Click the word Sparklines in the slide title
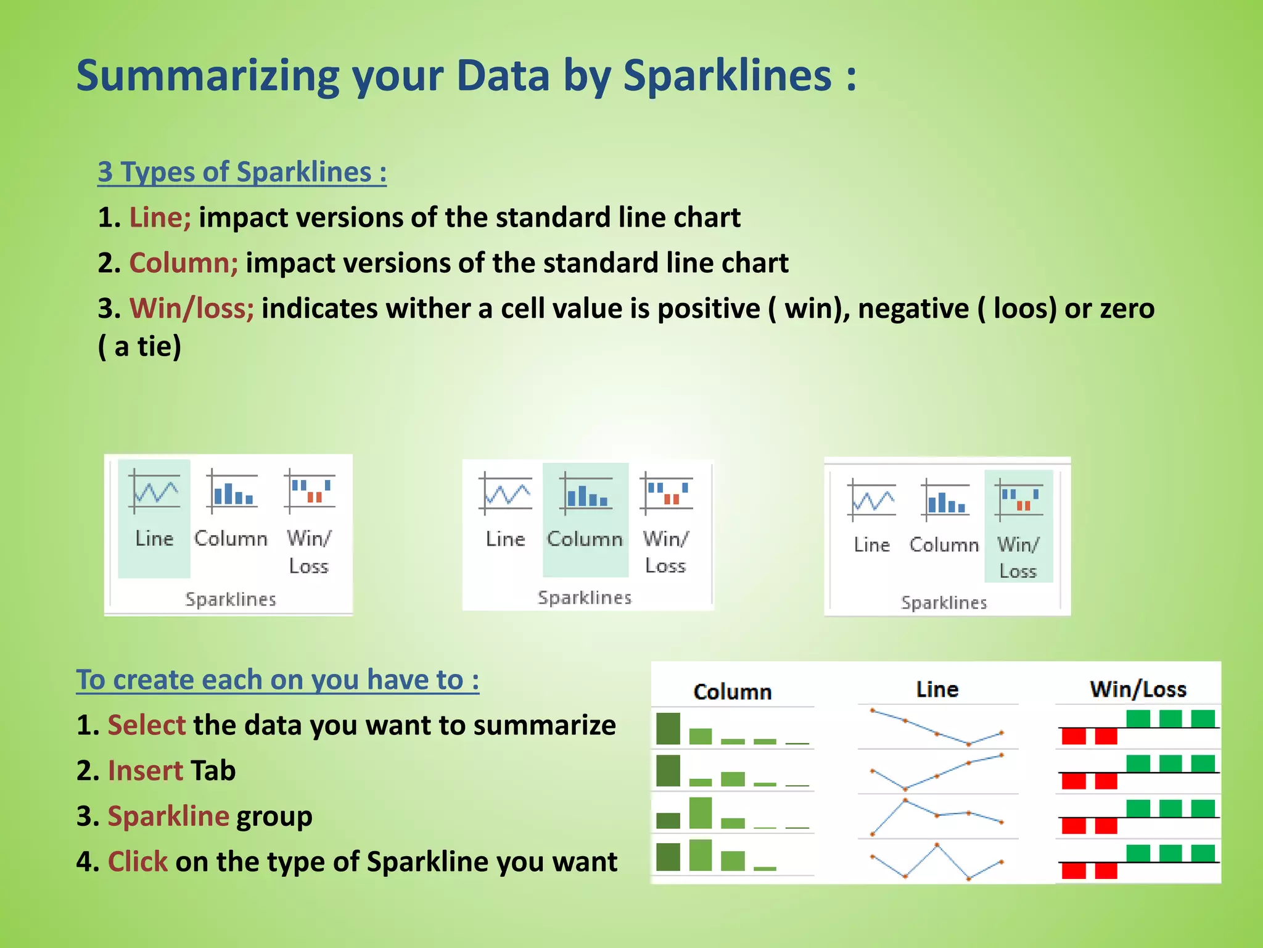click(x=728, y=76)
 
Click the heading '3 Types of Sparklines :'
click(x=242, y=172)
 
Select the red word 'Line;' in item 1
click(x=160, y=217)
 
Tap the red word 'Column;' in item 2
click(x=183, y=263)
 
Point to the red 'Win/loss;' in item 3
click(x=191, y=308)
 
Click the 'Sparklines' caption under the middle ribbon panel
click(x=585, y=597)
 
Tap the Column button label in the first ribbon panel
click(x=231, y=538)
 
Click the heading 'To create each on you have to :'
click(x=278, y=680)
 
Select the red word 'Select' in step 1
click(x=146, y=725)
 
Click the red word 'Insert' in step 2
click(x=146, y=770)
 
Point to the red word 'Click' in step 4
click(x=138, y=862)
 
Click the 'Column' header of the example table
click(x=732, y=692)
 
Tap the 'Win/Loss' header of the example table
click(x=1138, y=689)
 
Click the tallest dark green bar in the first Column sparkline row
click(x=668, y=729)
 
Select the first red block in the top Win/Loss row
click(x=1074, y=736)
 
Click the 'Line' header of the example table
click(x=937, y=689)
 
